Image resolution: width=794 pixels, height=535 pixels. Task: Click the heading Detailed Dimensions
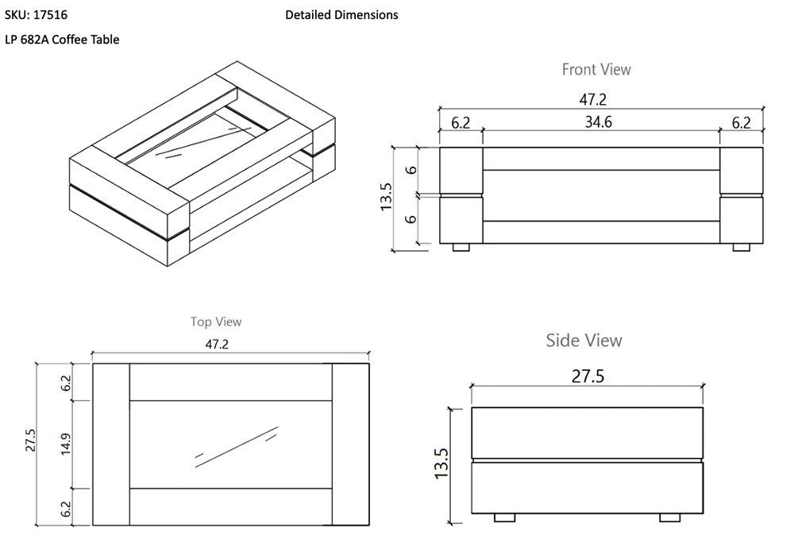[341, 14]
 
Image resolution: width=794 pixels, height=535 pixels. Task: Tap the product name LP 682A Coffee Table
[62, 39]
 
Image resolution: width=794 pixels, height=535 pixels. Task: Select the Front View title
[596, 69]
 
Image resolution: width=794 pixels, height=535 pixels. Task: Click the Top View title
[216, 321]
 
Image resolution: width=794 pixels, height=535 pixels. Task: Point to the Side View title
[584, 341]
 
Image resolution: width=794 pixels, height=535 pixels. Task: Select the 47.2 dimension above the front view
[600, 99]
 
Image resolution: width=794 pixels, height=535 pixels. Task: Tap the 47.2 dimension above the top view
[230, 344]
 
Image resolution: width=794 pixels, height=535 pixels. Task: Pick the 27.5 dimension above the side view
[588, 375]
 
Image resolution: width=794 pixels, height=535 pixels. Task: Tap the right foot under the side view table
[669, 518]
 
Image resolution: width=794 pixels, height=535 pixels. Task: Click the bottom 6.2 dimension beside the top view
[66, 507]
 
